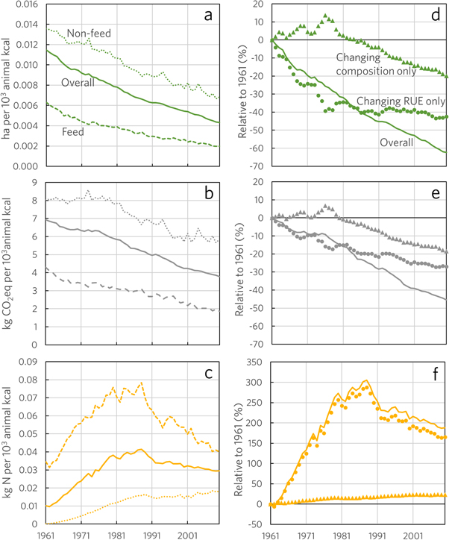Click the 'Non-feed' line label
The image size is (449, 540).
point(90,33)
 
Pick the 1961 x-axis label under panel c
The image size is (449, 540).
point(46,535)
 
